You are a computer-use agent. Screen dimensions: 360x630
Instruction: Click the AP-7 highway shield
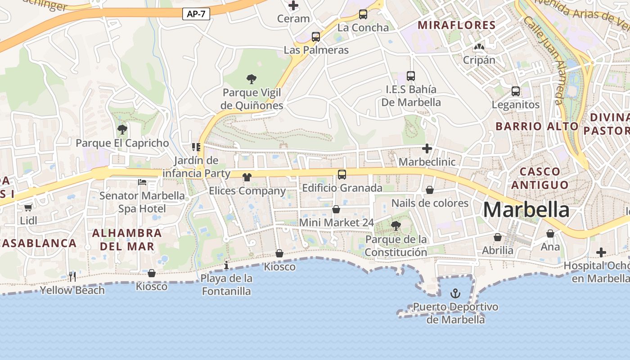pyautogui.click(x=196, y=14)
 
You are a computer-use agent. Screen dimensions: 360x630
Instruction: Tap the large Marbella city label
pyautogui.click(x=526, y=210)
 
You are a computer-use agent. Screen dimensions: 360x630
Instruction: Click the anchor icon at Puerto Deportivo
pyautogui.click(x=455, y=294)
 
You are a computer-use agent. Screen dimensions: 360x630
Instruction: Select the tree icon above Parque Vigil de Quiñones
pyautogui.click(x=252, y=79)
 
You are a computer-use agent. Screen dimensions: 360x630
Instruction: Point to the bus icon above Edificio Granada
pyautogui.click(x=342, y=175)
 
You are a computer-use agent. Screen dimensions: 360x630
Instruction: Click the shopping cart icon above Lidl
pyautogui.click(x=28, y=207)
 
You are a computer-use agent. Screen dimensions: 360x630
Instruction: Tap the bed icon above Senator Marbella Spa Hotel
pyautogui.click(x=142, y=182)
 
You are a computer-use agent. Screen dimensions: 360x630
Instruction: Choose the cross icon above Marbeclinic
pyautogui.click(x=427, y=148)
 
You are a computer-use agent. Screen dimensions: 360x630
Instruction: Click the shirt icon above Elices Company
pyautogui.click(x=247, y=177)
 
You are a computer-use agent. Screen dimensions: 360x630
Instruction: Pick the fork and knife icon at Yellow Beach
pyautogui.click(x=72, y=276)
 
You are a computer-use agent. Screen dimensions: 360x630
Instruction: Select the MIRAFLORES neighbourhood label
pyautogui.click(x=457, y=25)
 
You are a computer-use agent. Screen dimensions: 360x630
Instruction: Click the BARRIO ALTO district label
pyautogui.click(x=537, y=126)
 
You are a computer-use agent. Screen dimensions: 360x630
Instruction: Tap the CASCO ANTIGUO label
pyautogui.click(x=540, y=178)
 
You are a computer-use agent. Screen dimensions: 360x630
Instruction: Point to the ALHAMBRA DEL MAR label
pyautogui.click(x=127, y=240)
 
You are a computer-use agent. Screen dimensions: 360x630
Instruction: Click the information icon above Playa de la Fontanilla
pyautogui.click(x=226, y=265)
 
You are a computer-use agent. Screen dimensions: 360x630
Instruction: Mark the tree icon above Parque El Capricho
pyautogui.click(x=122, y=130)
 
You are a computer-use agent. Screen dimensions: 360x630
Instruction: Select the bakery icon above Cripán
pyautogui.click(x=479, y=47)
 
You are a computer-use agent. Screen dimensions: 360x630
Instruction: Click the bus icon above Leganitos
pyautogui.click(x=516, y=91)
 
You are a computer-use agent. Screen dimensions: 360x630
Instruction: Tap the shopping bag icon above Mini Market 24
pyautogui.click(x=336, y=209)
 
